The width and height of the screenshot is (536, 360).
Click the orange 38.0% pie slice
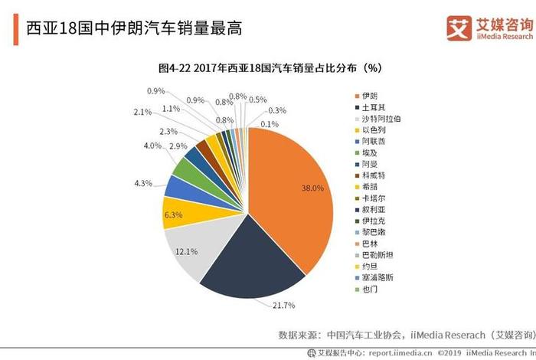(x=291, y=199)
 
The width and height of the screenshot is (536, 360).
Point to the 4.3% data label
(x=142, y=184)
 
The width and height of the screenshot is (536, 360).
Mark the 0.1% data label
(x=269, y=124)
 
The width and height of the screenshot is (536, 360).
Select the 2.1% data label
(x=142, y=113)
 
